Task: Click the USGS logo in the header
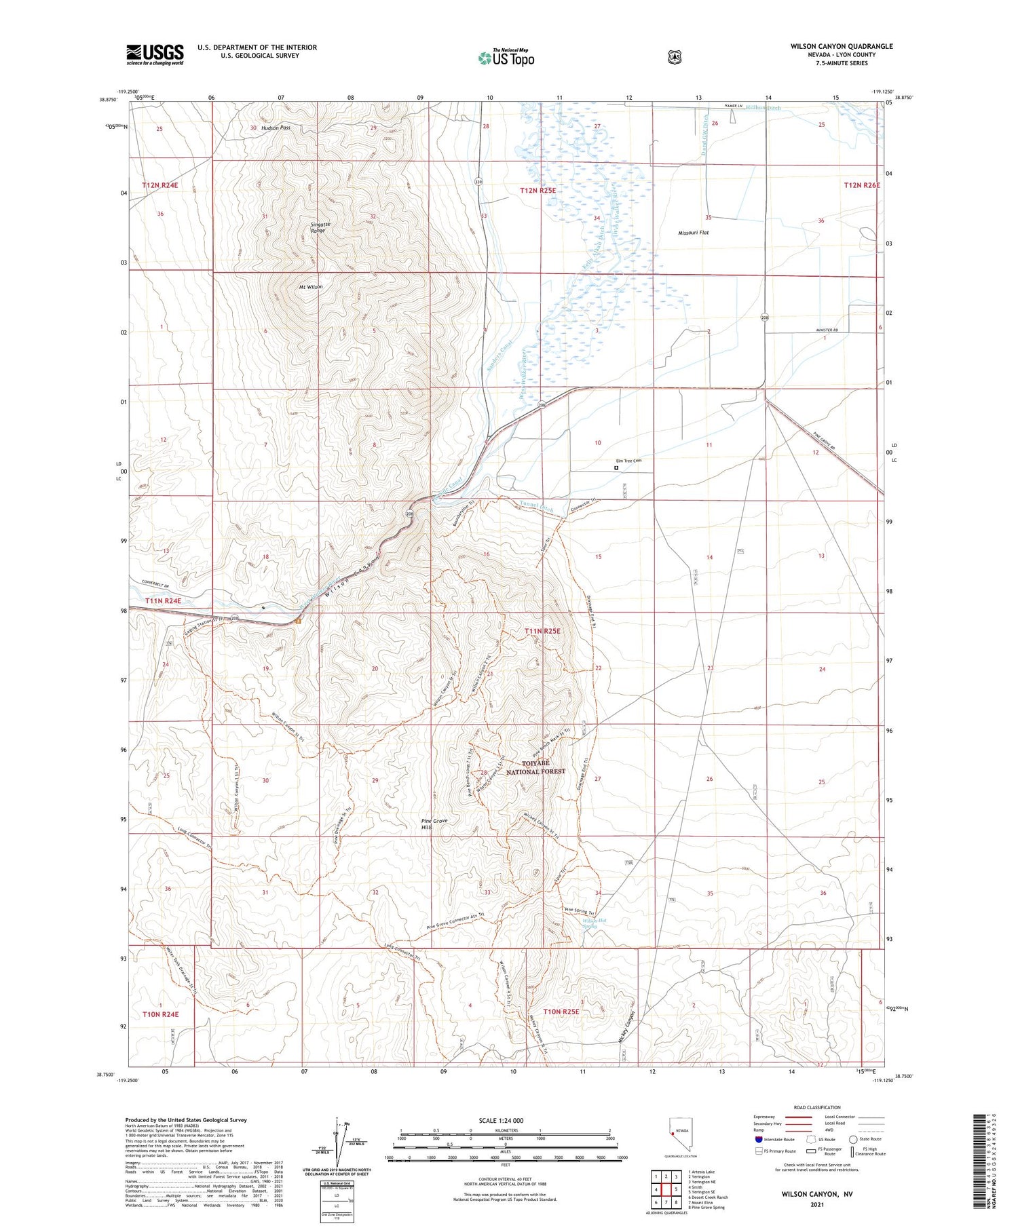(x=155, y=54)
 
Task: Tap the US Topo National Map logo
(x=506, y=58)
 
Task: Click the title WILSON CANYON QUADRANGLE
(x=841, y=46)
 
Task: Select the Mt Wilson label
(x=311, y=287)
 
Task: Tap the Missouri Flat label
(x=693, y=233)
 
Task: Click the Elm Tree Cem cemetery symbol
(x=617, y=467)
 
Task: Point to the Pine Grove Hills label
(x=434, y=824)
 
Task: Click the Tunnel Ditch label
(x=536, y=506)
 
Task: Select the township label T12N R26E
(x=861, y=185)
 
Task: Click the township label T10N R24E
(x=161, y=1014)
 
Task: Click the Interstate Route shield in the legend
(x=758, y=1139)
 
